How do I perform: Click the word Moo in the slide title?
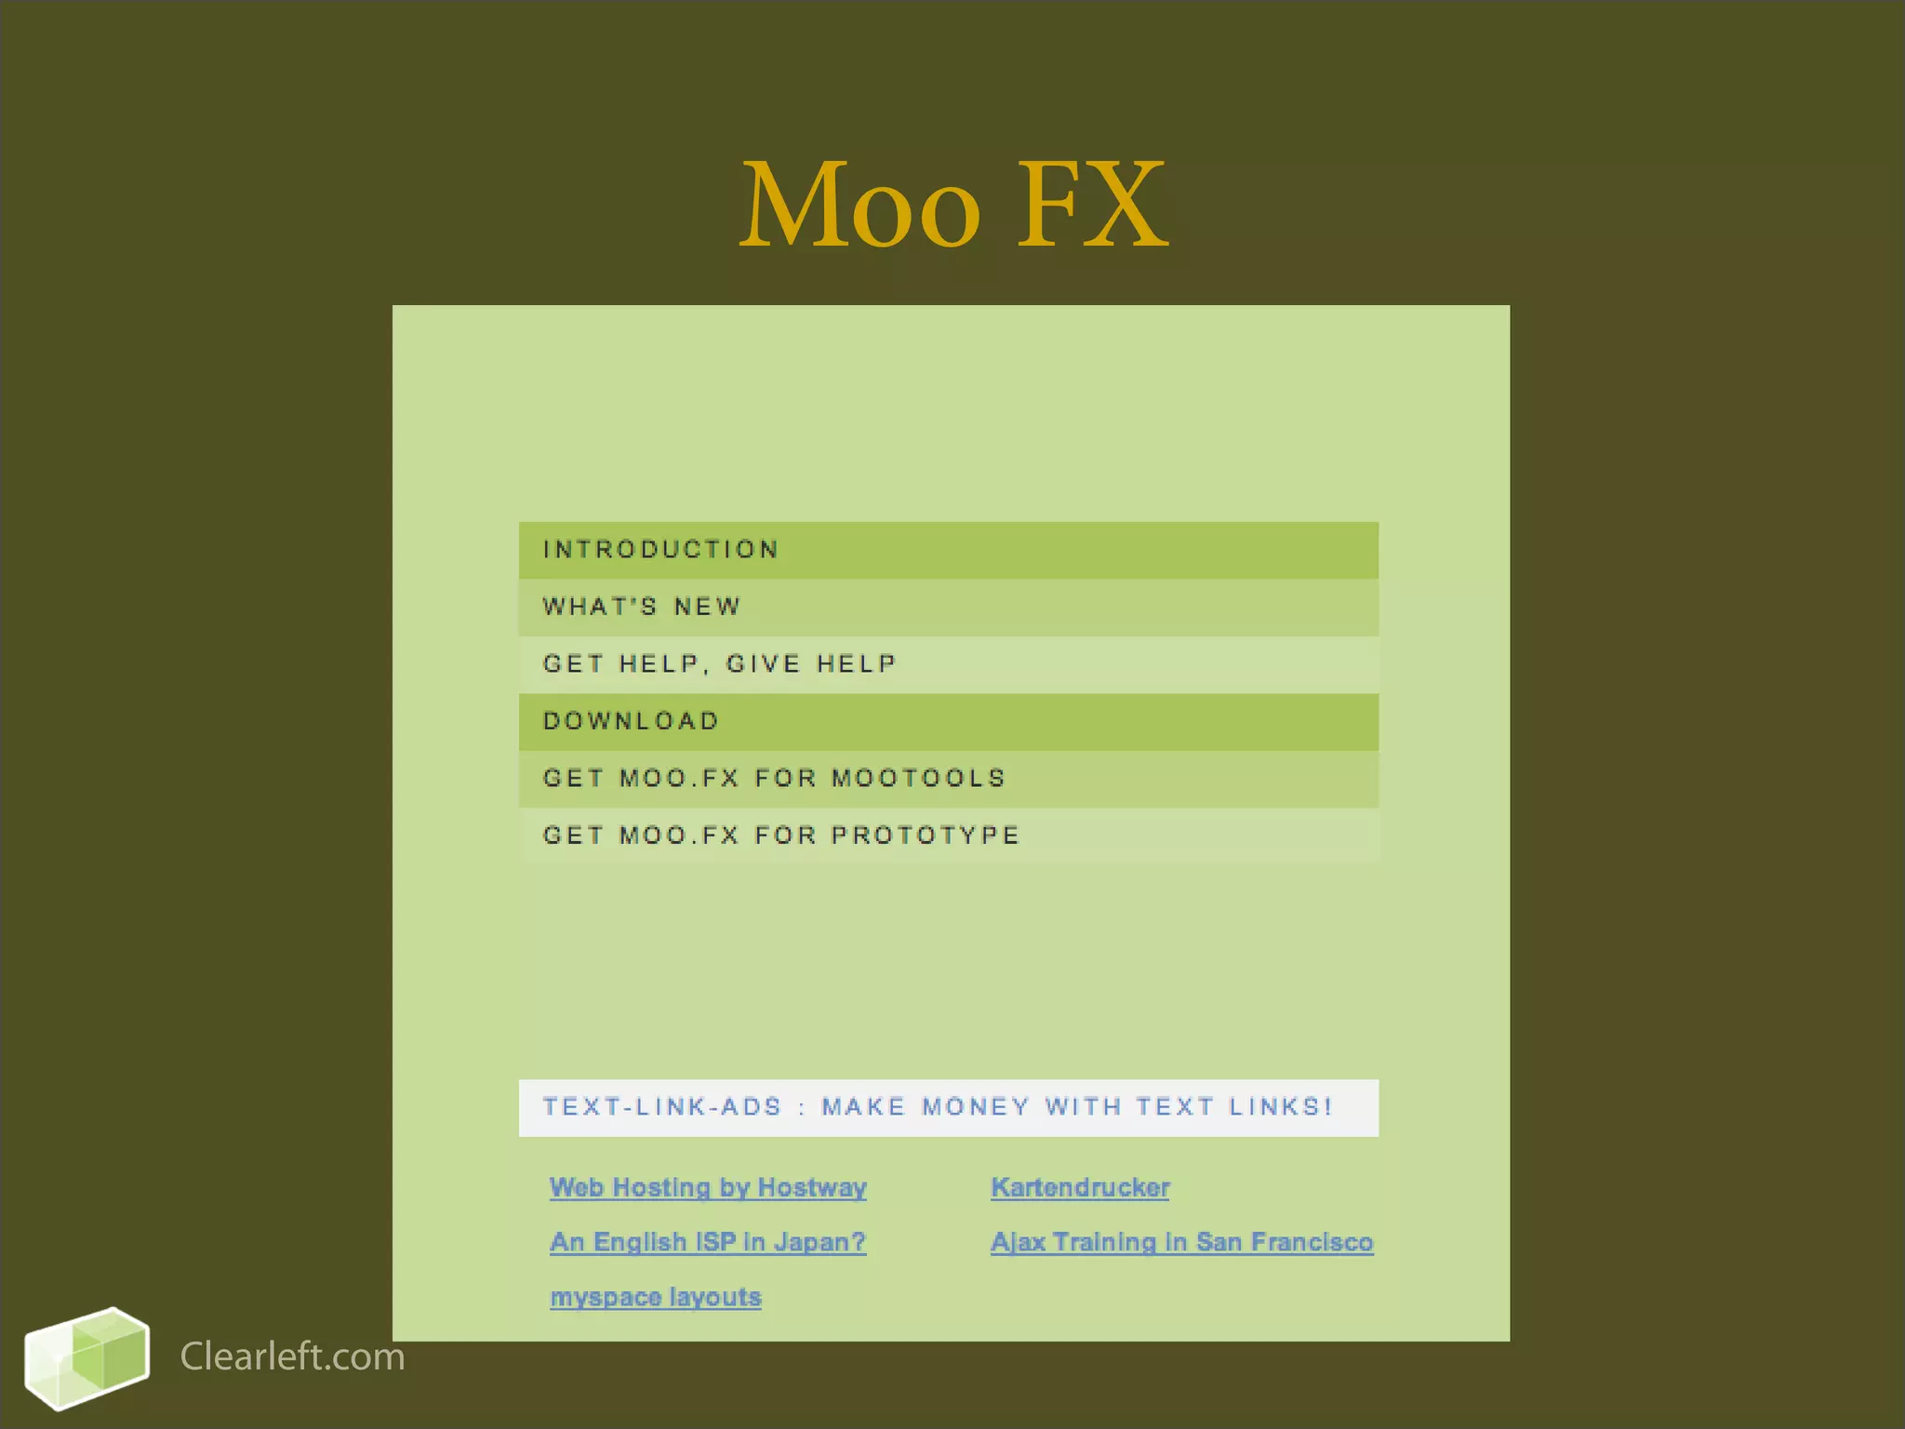(860, 206)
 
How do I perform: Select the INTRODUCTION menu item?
(660, 550)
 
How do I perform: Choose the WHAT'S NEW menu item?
(642, 608)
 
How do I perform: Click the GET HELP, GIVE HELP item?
(719, 664)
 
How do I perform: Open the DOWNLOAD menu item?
(631, 722)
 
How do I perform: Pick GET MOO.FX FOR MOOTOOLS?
(774, 779)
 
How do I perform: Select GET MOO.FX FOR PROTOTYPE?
(781, 835)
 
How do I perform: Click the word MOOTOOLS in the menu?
(919, 779)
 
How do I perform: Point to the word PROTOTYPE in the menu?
(926, 835)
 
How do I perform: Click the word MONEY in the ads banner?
(976, 1107)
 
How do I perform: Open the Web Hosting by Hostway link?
(708, 1188)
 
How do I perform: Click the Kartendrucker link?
(1080, 1188)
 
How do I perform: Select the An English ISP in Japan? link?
(708, 1243)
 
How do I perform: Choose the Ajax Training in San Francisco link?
(1181, 1243)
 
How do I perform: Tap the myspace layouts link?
(656, 1298)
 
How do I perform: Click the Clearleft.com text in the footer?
(292, 1357)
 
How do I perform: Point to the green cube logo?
(87, 1358)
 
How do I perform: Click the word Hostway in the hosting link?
(812, 1188)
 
